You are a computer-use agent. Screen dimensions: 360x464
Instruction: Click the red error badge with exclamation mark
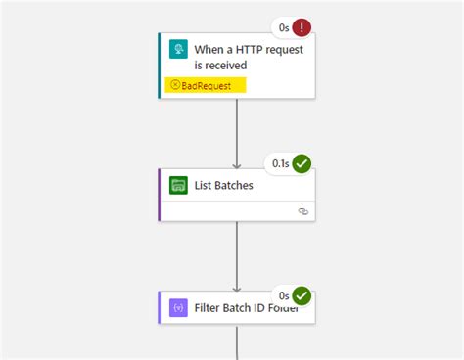[302, 28]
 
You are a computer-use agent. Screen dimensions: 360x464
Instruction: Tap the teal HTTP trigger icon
[177, 50]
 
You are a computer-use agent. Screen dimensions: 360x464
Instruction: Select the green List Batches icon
[177, 185]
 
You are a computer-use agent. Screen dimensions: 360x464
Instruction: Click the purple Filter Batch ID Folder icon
[177, 307]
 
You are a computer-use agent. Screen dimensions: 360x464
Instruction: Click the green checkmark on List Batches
[302, 163]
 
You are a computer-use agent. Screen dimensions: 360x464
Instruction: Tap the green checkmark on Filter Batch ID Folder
[302, 294]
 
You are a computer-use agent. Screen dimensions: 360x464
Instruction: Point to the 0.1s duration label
[278, 163]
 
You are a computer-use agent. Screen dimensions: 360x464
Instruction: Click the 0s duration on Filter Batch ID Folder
[282, 294]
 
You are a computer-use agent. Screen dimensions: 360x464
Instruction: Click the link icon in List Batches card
[303, 210]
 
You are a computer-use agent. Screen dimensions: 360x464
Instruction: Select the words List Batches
[225, 185]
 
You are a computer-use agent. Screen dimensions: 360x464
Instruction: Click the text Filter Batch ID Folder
[246, 307]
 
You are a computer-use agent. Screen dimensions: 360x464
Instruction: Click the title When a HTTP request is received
[233, 57]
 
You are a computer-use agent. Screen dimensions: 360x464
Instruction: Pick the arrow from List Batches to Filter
[237, 256]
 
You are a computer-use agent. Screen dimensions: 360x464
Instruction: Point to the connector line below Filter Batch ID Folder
[237, 342]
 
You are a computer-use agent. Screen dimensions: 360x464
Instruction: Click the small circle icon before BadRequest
[175, 85]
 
